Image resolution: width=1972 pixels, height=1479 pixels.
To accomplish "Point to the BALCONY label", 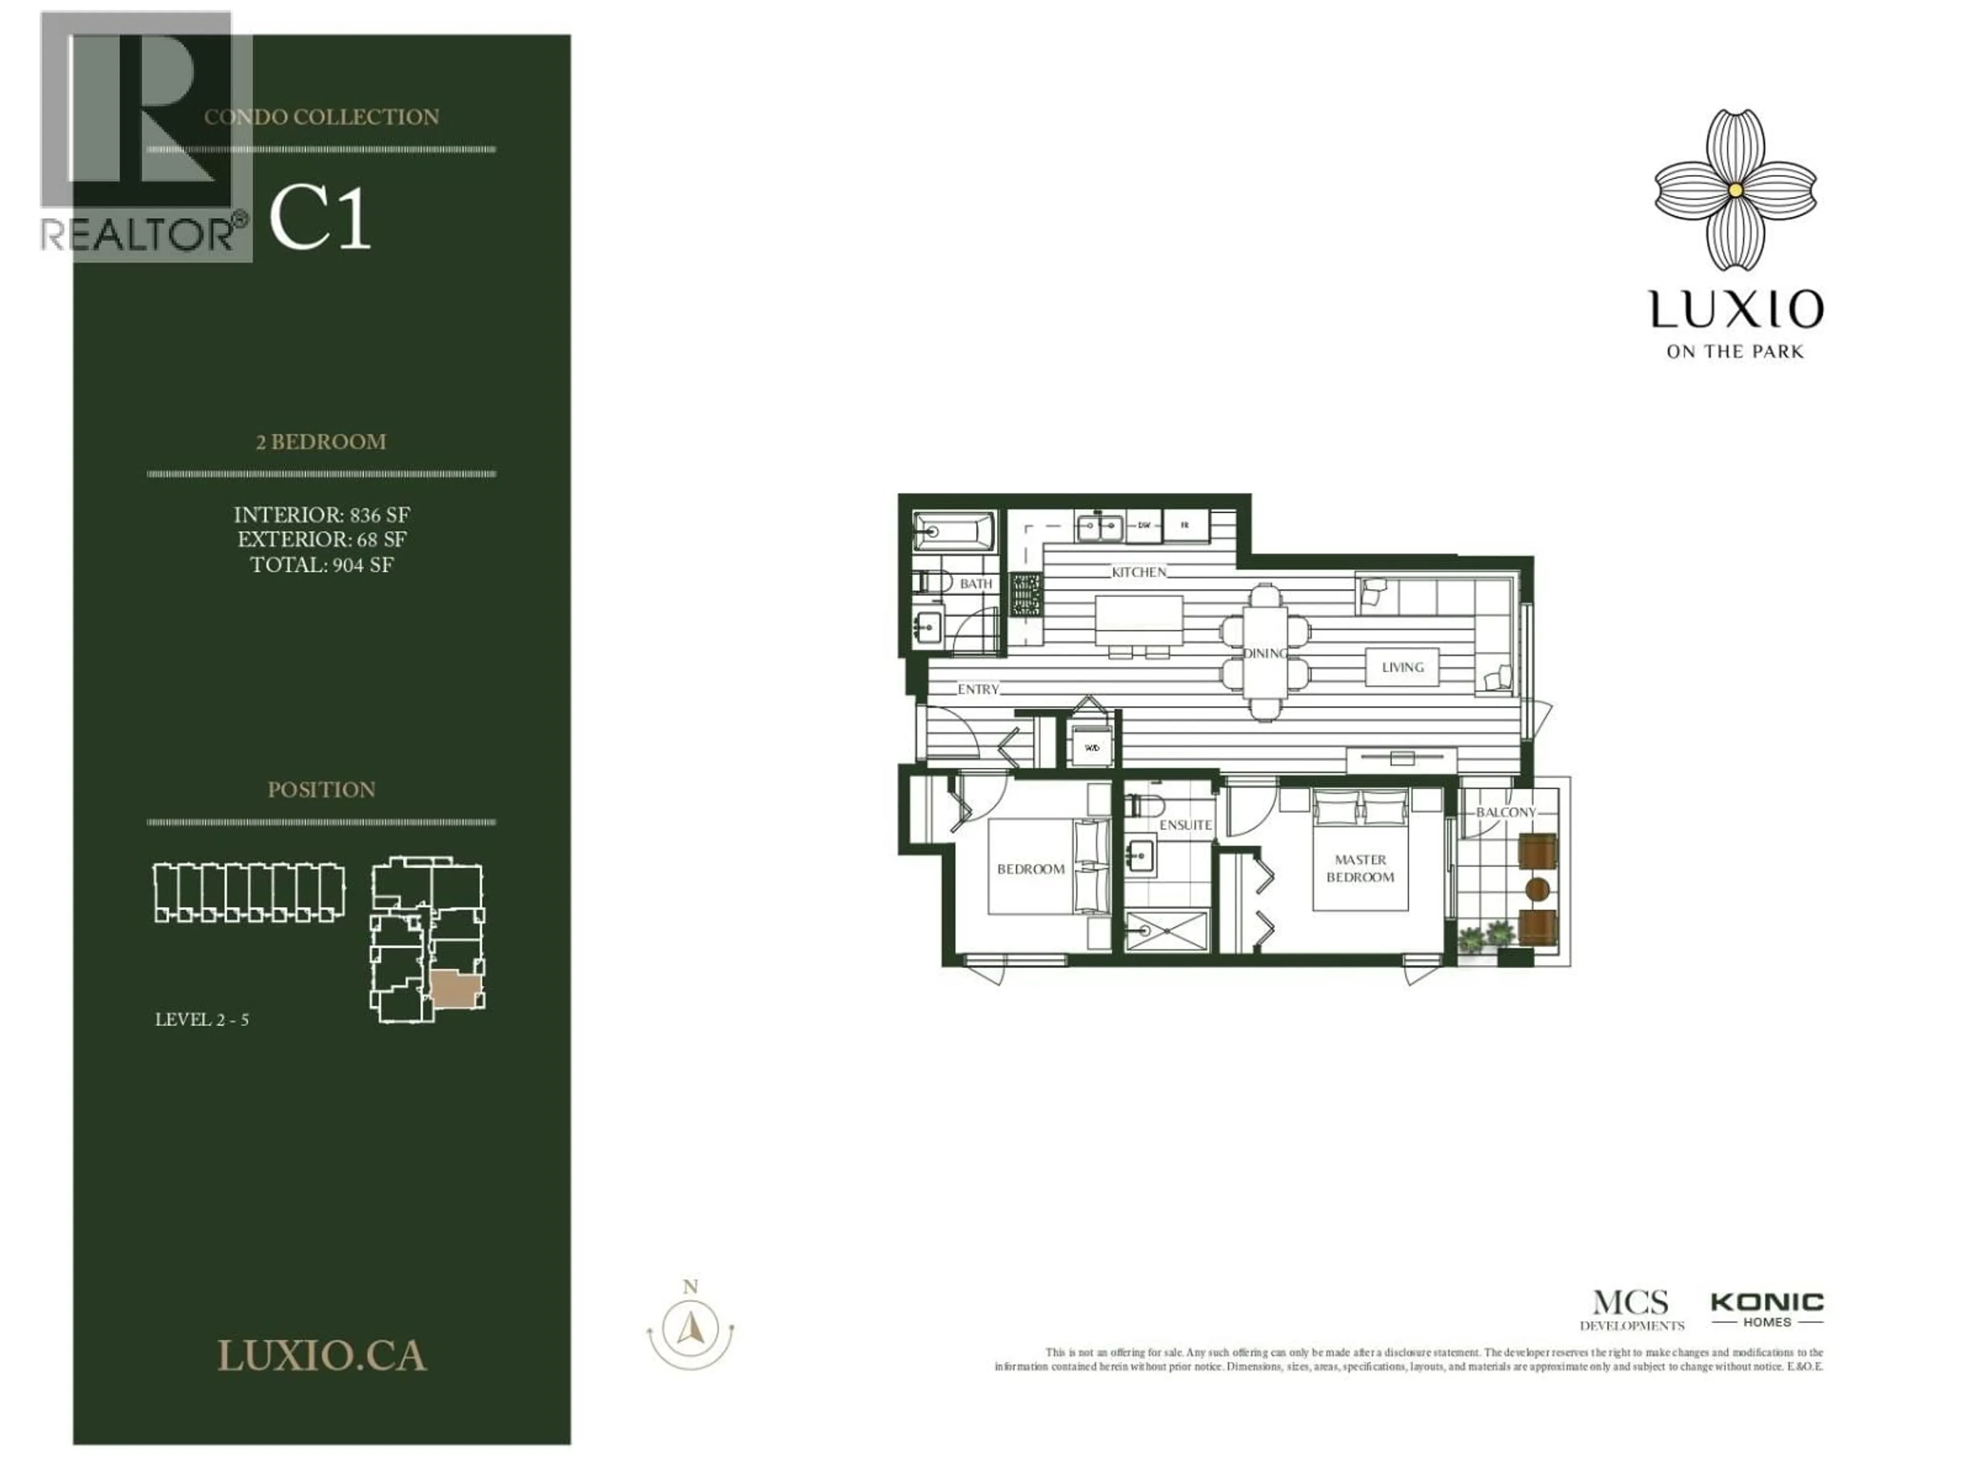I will click(1506, 812).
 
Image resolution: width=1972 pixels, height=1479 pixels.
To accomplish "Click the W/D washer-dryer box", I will click(1091, 748).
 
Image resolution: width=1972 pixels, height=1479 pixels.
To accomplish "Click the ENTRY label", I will click(978, 689).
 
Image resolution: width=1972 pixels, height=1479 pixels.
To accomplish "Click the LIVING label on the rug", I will click(1402, 667).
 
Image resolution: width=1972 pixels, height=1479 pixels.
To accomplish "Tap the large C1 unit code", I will click(319, 219).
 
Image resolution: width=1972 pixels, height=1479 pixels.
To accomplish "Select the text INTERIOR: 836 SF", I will click(322, 515).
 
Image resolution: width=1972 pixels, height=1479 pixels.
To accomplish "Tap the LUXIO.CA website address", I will click(322, 1356).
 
